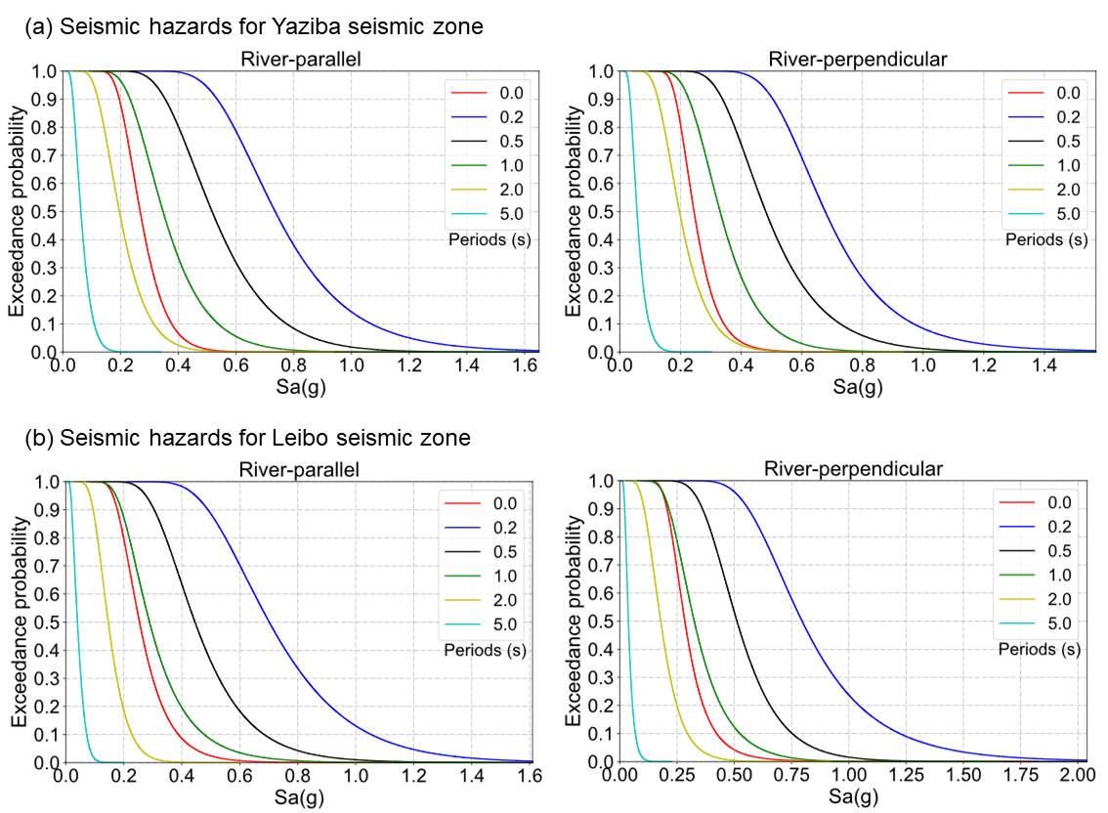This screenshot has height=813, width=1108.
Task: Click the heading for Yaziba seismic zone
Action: coord(254,27)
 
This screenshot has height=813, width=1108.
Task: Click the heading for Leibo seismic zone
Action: coord(248,439)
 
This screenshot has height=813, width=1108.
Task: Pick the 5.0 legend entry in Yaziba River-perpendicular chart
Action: coord(1068,215)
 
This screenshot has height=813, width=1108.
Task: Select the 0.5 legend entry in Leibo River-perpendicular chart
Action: coord(1059,550)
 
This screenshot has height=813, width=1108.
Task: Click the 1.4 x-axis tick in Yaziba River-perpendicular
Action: coord(1045,366)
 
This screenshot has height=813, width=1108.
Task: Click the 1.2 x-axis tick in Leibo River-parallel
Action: coord(414,777)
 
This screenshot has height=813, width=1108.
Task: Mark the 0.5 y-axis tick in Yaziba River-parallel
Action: coord(46,212)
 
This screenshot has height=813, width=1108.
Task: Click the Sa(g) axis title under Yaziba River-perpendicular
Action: coord(858,387)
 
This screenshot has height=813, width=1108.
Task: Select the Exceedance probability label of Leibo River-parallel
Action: coord(19,622)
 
